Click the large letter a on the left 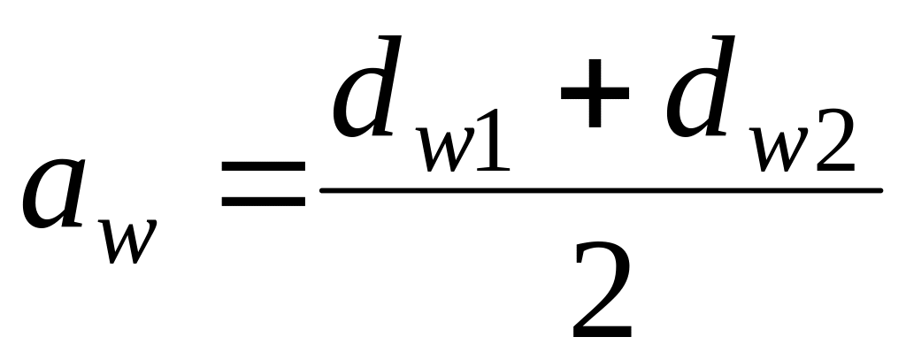point(56,193)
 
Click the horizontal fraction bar point(602,190)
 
